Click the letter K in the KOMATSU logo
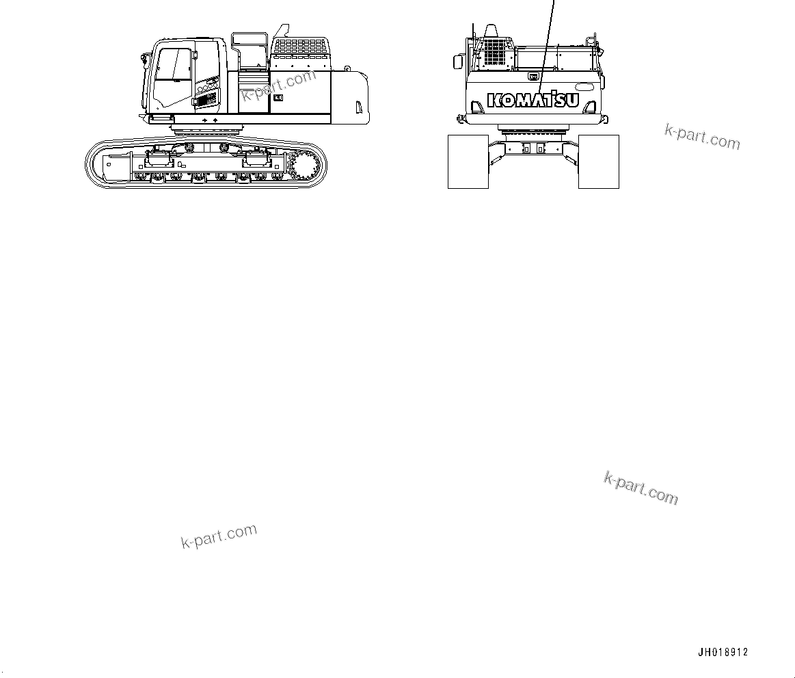pos(494,101)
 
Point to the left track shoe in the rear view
pos(468,161)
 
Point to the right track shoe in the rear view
pos(599,161)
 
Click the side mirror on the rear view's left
pos(457,62)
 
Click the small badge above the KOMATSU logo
pos(533,77)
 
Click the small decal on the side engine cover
pos(278,98)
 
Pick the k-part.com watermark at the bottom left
pos(219,536)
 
